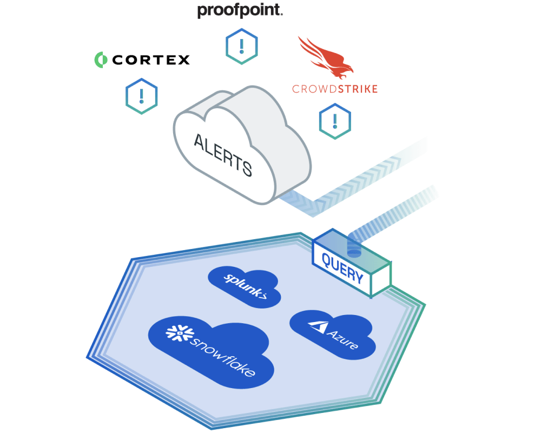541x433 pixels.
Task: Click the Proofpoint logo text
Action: [240, 10]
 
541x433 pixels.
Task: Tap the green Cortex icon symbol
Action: [100, 59]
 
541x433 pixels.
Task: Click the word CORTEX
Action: [151, 60]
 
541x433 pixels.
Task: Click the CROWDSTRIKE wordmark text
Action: [334, 89]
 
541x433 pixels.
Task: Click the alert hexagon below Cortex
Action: [141, 97]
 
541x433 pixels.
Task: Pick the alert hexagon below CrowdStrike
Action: [334, 121]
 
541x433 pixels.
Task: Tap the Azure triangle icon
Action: [316, 326]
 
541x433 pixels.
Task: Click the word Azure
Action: [342, 338]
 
